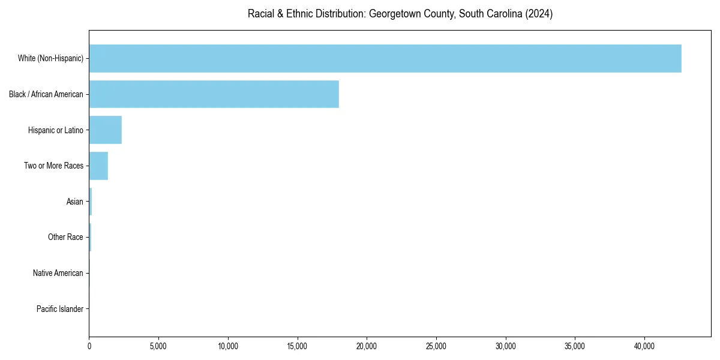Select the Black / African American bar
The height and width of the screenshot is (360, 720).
pyautogui.click(x=214, y=94)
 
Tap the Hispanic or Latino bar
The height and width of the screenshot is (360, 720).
pyautogui.click(x=106, y=130)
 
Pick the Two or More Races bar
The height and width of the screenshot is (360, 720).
pyautogui.click(x=98, y=166)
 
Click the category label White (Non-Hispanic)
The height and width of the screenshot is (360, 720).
pyautogui.click(x=50, y=58)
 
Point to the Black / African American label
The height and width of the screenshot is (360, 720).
pyautogui.click(x=46, y=94)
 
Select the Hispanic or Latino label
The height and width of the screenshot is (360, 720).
pyautogui.click(x=56, y=130)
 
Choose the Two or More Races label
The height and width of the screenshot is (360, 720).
pyautogui.click(x=54, y=166)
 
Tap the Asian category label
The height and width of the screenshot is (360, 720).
pyautogui.click(x=75, y=202)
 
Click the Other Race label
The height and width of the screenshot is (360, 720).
pyautogui.click(x=65, y=237)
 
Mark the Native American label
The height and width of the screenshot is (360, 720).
pyautogui.click(x=58, y=273)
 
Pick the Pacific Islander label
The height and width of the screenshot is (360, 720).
pyautogui.click(x=60, y=309)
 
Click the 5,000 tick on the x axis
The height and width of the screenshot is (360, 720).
pyautogui.click(x=158, y=346)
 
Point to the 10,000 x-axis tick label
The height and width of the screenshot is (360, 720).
pyautogui.click(x=228, y=346)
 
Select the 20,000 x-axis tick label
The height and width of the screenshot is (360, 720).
pyautogui.click(x=367, y=346)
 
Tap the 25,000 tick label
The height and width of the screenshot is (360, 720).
pyautogui.click(x=436, y=346)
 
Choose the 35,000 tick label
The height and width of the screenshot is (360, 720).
pyautogui.click(x=575, y=346)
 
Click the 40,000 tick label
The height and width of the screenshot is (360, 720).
pyautogui.click(x=644, y=346)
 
